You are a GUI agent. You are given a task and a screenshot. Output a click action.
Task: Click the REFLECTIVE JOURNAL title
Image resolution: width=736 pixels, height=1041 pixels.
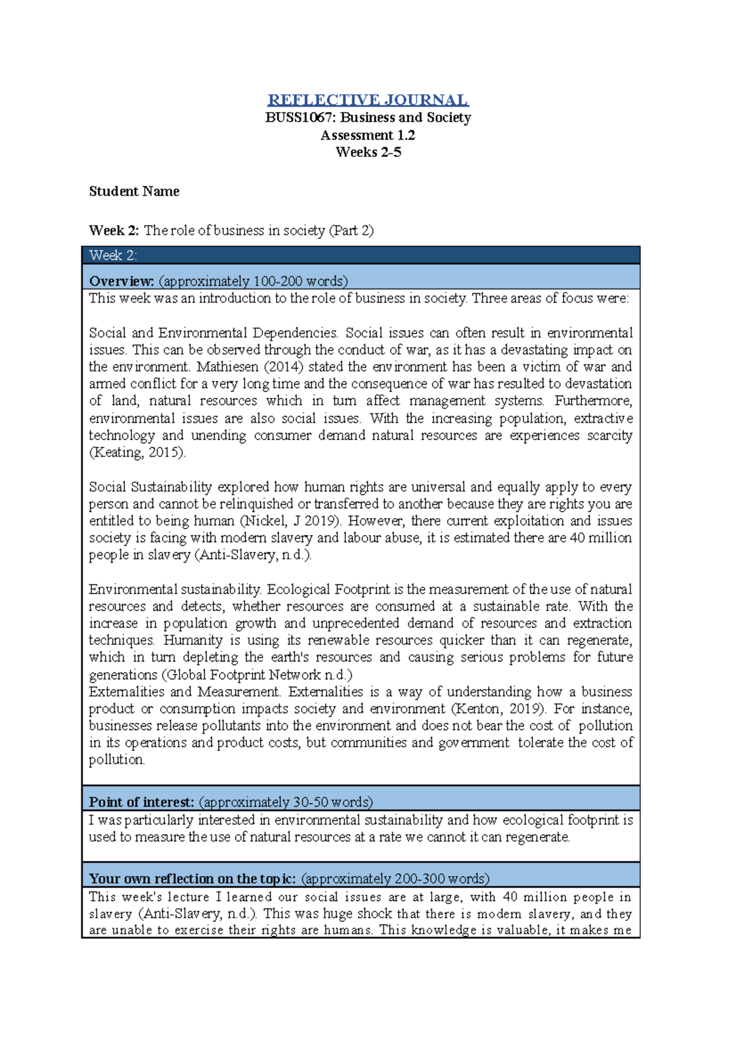click(x=368, y=100)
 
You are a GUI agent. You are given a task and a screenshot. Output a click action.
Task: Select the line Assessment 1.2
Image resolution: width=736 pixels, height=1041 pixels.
click(x=368, y=135)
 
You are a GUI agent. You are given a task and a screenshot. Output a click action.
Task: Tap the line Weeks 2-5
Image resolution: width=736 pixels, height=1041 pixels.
click(x=368, y=152)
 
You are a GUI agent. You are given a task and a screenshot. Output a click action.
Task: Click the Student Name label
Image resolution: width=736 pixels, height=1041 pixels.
click(x=134, y=191)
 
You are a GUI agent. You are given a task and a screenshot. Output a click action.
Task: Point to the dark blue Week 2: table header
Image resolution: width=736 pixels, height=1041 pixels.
click(x=361, y=255)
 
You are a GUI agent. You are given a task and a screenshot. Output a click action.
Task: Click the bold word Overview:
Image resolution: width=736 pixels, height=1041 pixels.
click(x=121, y=281)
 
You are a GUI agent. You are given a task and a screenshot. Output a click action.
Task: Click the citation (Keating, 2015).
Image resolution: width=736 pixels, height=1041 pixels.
click(x=137, y=452)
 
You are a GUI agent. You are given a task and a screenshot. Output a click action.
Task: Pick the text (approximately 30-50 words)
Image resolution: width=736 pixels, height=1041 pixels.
click(x=286, y=802)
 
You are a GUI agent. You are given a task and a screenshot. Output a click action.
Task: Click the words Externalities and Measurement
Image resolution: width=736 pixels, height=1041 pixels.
click(x=184, y=692)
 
